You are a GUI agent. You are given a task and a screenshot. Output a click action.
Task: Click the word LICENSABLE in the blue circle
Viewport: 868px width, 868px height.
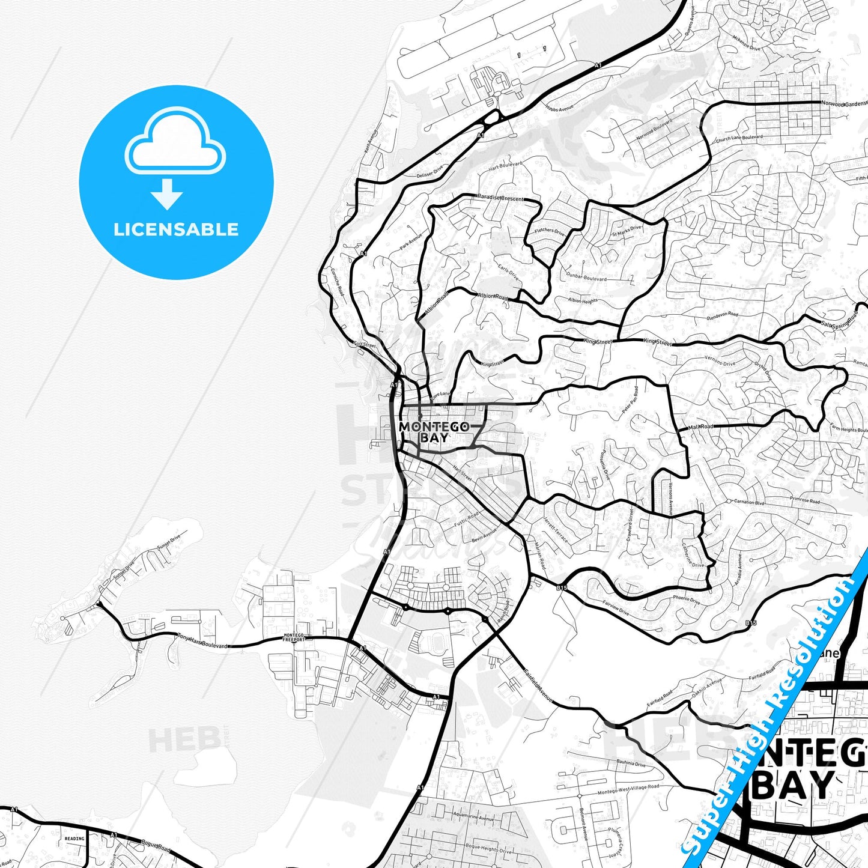(x=176, y=229)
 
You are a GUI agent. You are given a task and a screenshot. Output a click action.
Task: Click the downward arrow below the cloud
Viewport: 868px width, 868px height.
(x=167, y=194)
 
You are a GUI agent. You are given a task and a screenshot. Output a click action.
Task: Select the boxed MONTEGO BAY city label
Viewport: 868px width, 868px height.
(x=434, y=432)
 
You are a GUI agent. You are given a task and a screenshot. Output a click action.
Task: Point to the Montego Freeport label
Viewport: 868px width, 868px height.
(x=294, y=637)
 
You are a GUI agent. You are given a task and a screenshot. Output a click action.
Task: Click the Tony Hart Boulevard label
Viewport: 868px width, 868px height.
(x=202, y=642)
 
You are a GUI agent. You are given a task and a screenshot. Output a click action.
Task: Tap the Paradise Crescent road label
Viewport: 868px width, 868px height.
(x=501, y=198)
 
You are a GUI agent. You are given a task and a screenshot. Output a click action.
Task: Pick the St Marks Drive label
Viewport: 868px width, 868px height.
(x=627, y=230)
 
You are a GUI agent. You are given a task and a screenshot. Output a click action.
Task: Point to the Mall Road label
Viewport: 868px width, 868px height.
(x=700, y=426)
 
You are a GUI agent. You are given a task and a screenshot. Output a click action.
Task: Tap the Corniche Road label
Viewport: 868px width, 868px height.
(x=338, y=282)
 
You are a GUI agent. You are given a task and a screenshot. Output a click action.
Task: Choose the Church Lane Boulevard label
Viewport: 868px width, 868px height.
(x=739, y=138)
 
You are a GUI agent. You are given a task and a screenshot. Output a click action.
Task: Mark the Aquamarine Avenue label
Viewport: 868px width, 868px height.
(x=473, y=818)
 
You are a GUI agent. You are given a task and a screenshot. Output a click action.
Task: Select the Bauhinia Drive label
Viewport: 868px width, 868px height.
(x=631, y=763)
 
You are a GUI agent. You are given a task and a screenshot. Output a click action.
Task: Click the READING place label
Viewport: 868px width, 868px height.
(x=74, y=839)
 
